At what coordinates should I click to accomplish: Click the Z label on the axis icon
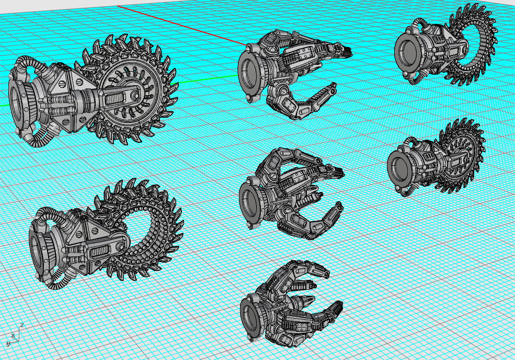coord(21,325)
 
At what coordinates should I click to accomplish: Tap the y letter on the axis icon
coord(8,343)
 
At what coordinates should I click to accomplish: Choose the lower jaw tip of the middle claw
coord(339,209)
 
